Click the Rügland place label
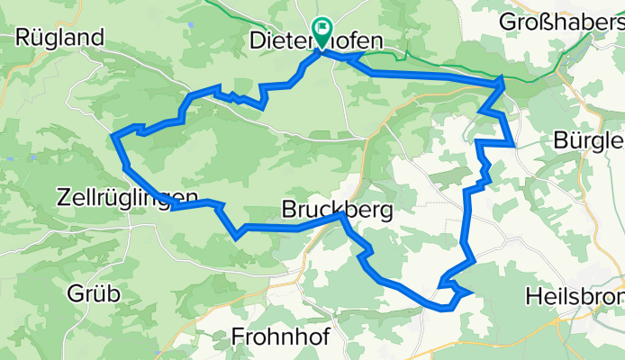click(x=59, y=37)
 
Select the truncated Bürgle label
click(x=590, y=140)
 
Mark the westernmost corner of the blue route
click(x=113, y=137)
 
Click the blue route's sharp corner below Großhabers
click(x=503, y=81)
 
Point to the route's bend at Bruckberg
click(x=341, y=215)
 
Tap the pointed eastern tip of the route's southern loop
click(x=472, y=292)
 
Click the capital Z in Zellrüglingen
click(x=62, y=196)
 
